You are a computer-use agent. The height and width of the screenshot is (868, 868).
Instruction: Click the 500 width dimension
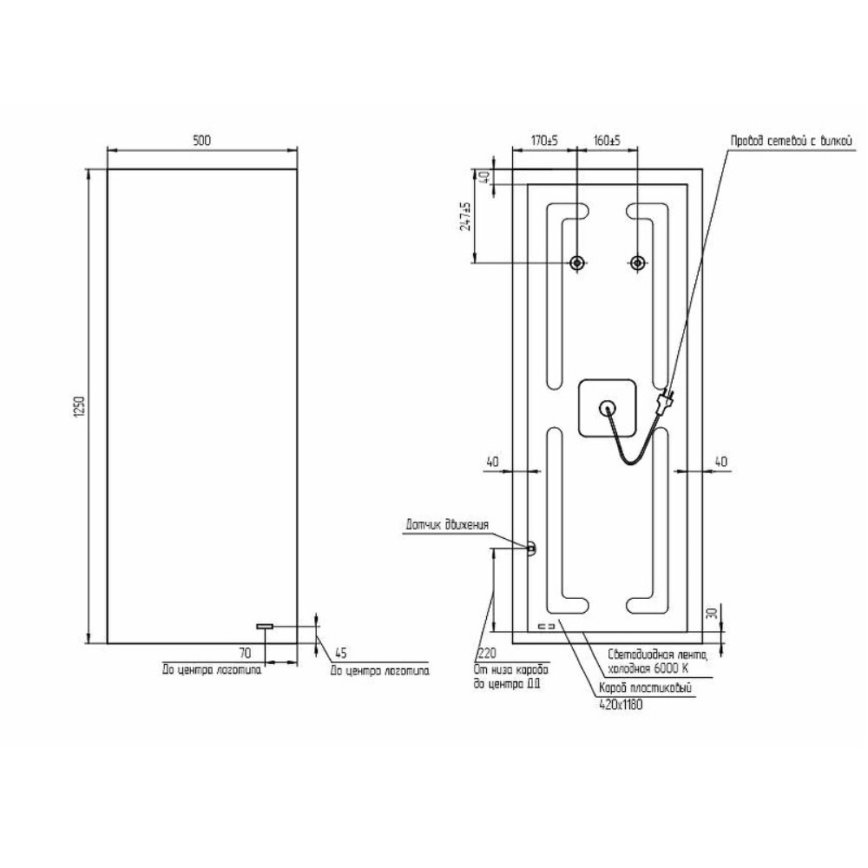point(202,141)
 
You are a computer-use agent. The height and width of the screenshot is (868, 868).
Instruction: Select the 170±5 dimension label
point(545,141)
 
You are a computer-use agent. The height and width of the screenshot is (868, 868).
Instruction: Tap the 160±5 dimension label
point(608,141)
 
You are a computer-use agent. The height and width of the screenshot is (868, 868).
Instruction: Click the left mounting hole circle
point(577,262)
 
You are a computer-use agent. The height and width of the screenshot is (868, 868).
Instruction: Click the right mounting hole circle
point(638,262)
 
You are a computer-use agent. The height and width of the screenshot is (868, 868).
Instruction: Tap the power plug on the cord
point(664,400)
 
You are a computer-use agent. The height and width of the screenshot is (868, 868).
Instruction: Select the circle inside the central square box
point(607,408)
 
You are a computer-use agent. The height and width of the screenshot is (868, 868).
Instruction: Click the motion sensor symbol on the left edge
point(531,548)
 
